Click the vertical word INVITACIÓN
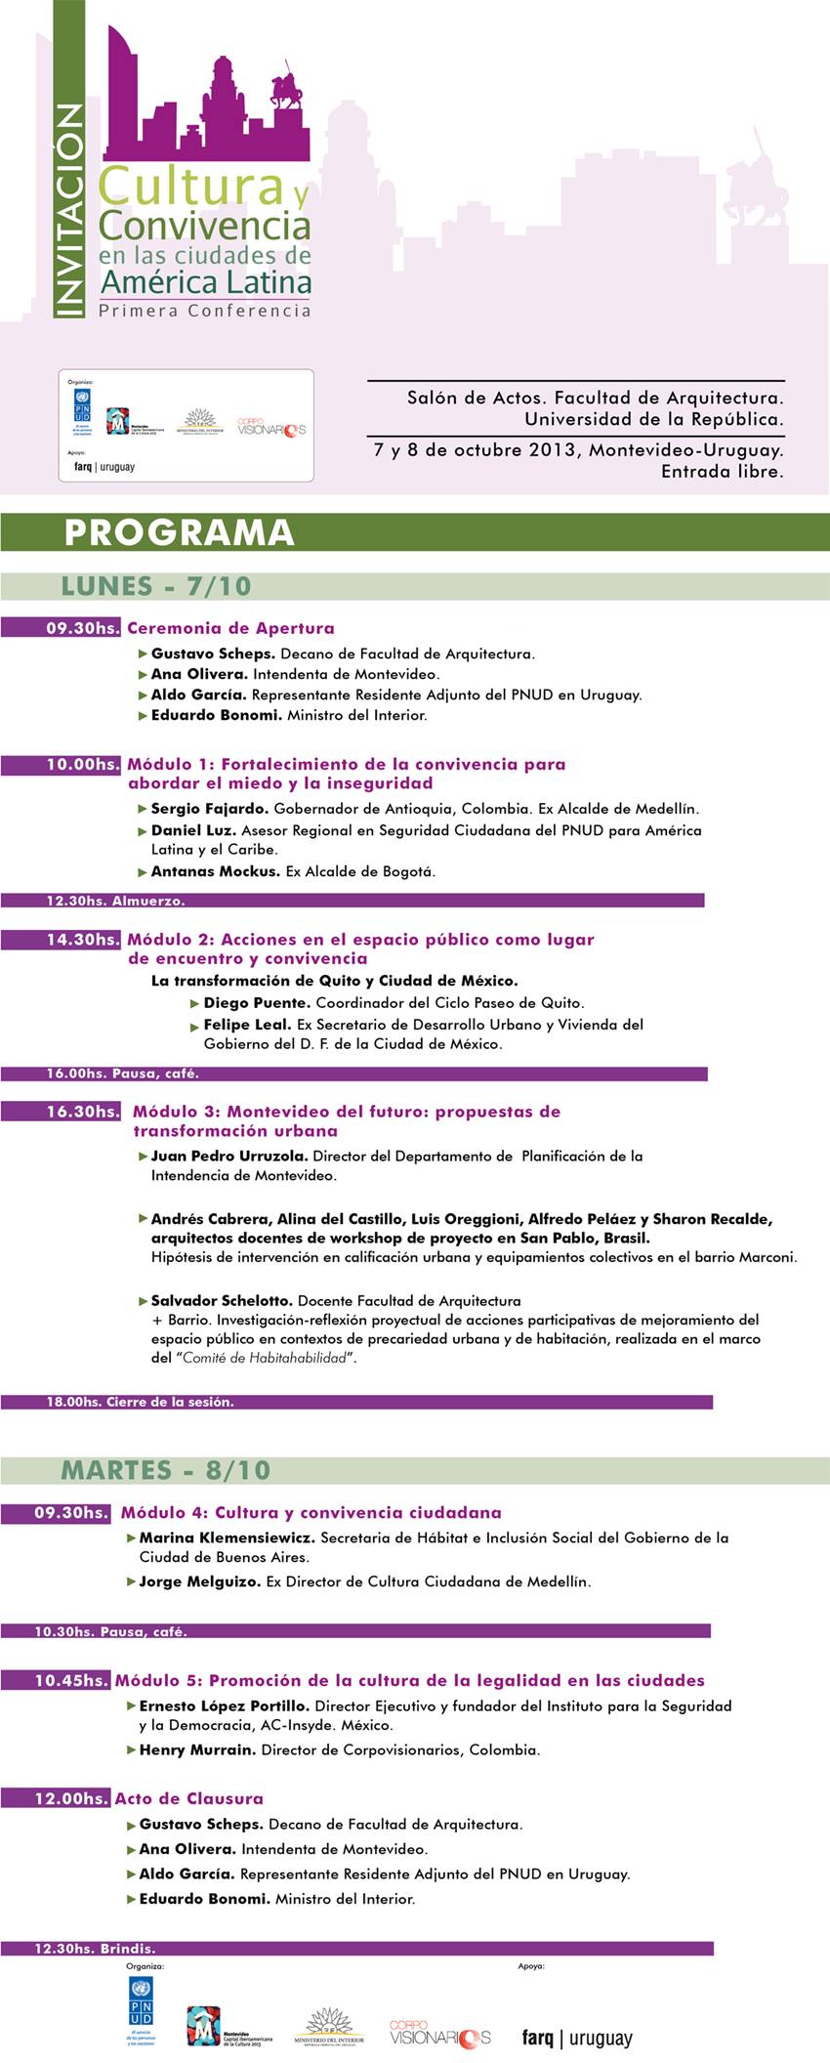(x=67, y=211)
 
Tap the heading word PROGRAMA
(x=179, y=532)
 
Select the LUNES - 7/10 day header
(x=156, y=586)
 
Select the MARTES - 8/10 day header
(x=166, y=1470)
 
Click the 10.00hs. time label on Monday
(x=83, y=764)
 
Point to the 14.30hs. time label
(x=83, y=939)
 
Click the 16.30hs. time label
(x=83, y=1112)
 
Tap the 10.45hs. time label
(x=71, y=1680)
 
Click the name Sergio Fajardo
(x=210, y=809)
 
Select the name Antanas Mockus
(x=215, y=871)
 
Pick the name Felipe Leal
(x=248, y=1025)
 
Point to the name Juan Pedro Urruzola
(x=229, y=1156)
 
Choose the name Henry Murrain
(x=197, y=1749)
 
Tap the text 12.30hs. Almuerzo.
(x=115, y=901)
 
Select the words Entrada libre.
(x=722, y=472)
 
